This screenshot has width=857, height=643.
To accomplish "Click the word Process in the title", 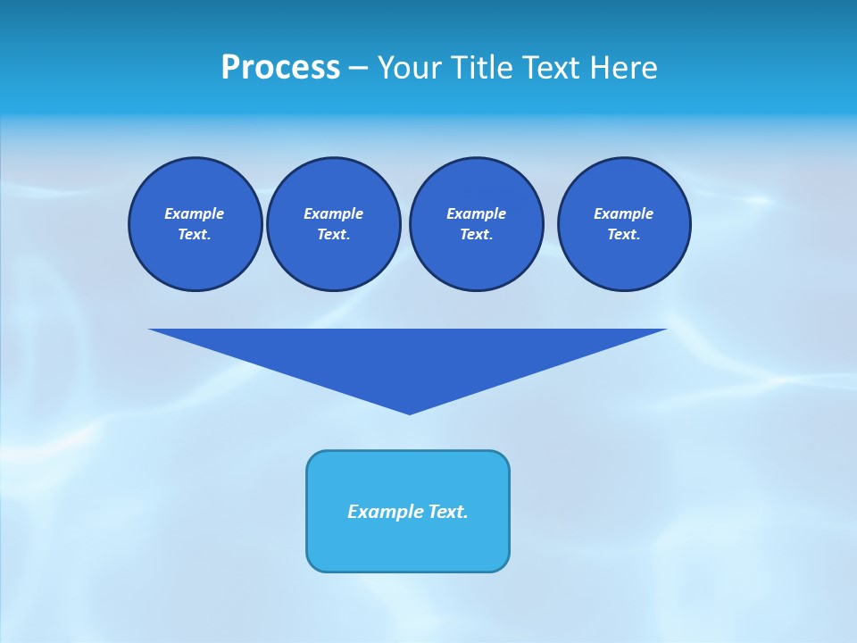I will click(280, 68).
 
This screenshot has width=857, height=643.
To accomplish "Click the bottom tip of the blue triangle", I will click(409, 412).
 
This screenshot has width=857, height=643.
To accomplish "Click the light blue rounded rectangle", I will click(408, 545).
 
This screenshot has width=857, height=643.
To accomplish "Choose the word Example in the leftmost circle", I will click(195, 213).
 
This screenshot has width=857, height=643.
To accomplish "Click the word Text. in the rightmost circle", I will click(624, 235).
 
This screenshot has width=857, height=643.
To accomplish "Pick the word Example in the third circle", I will click(476, 213).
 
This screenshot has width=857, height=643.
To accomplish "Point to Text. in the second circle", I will click(333, 235).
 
